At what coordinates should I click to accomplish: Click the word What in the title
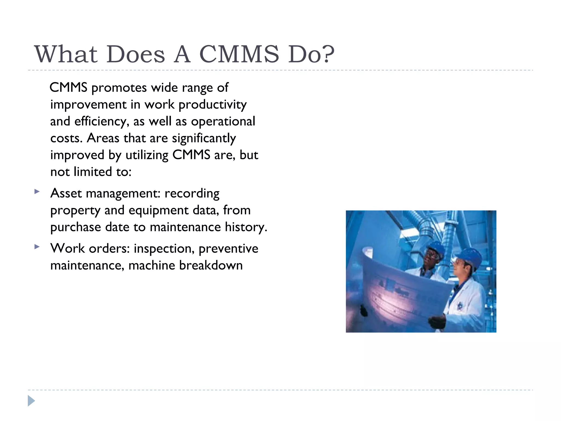[66, 54]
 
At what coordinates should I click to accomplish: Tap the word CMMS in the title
[239, 54]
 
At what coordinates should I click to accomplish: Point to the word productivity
[213, 105]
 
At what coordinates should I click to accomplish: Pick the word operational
[223, 122]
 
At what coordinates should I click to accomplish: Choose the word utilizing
[147, 155]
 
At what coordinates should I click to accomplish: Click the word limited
[93, 172]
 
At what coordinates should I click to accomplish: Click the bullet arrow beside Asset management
[37, 191]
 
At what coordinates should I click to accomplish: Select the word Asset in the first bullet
[66, 194]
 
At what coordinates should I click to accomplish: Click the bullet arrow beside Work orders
[37, 247]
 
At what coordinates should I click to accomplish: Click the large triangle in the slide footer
[31, 401]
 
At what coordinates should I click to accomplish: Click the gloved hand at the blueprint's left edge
[364, 310]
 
